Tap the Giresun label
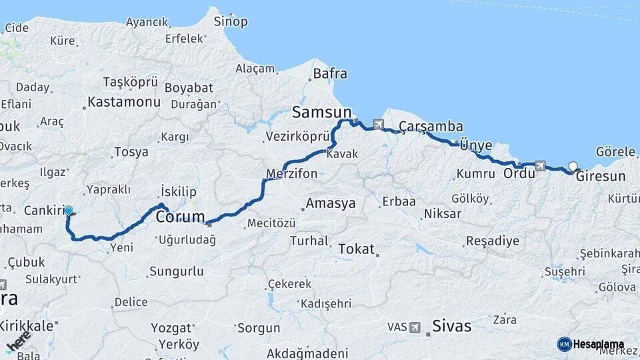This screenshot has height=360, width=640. coord(601,177)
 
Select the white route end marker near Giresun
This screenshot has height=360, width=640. coord(573,167)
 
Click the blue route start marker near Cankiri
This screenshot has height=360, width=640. coord(68,211)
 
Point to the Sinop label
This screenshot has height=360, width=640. coord(231,21)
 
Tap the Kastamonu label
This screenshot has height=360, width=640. coord(124,103)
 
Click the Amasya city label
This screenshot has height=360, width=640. coord(330,204)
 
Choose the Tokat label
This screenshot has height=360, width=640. coord(356,249)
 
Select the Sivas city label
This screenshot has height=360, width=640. coord(452,326)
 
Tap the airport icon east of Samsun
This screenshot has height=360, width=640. coord(379,124)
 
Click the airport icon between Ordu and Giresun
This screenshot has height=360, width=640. coord(539,165)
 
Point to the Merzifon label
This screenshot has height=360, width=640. coord(291,174)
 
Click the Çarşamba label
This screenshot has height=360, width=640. coord(431,127)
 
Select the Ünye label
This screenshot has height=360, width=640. coord(476,145)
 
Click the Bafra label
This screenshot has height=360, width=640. coord(330,73)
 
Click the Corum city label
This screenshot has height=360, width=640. coord(180,217)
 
